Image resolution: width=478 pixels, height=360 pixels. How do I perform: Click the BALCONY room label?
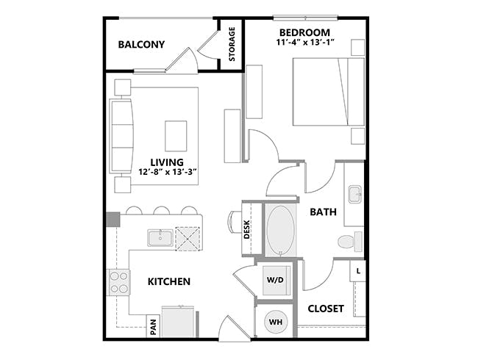pos(141,45)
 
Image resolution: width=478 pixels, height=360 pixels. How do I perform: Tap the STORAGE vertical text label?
pos(232,44)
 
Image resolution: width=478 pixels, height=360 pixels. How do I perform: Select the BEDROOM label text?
pos(304,32)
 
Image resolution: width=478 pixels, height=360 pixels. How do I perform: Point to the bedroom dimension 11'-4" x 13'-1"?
pos(304,43)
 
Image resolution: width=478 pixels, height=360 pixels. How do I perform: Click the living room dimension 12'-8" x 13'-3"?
pos(166,173)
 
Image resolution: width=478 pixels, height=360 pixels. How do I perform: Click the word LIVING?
pos(166,162)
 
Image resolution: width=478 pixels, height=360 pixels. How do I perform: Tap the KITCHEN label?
pos(169,281)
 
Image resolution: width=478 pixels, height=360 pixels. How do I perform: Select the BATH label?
pos(323,212)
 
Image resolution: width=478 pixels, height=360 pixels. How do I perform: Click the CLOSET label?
pos(326,309)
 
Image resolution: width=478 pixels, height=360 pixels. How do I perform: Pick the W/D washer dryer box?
pos(275,280)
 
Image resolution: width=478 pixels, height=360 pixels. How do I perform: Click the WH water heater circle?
pos(274,321)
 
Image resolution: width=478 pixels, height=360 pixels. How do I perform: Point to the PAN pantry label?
pos(153,325)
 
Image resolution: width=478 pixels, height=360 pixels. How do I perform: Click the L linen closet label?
pos(358,271)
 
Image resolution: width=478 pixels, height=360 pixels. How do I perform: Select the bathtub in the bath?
pos(279,230)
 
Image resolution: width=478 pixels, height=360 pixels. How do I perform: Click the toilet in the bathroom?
pos(349,241)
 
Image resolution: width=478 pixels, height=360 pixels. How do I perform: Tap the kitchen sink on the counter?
pos(160,238)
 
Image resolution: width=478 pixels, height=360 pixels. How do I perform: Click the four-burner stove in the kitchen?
pos(119,282)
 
